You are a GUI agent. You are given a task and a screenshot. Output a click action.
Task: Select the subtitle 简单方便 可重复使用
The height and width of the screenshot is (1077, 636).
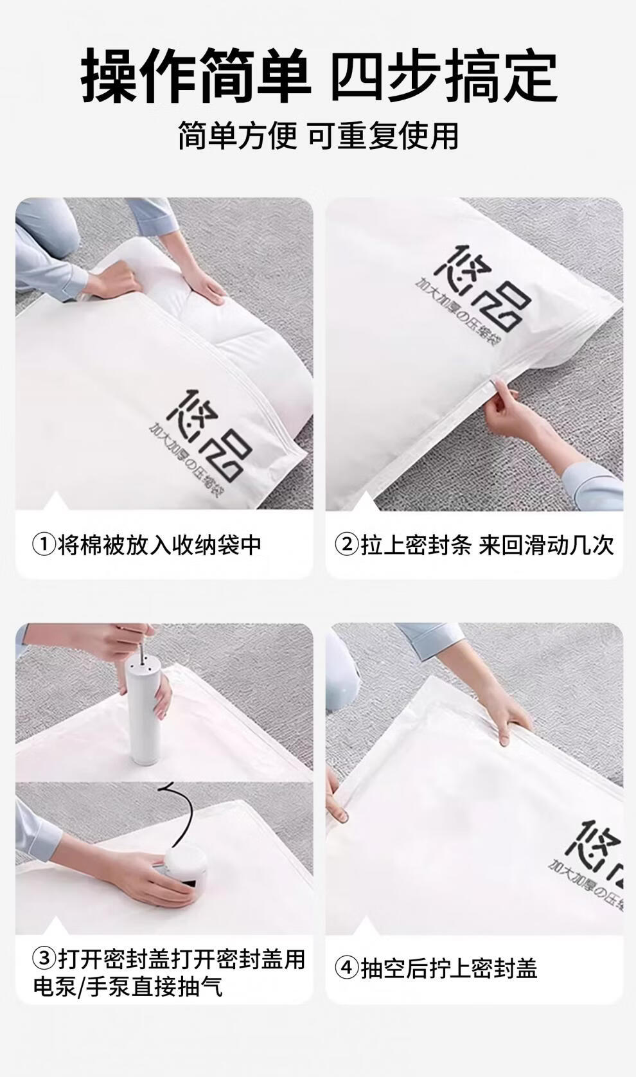[318, 136]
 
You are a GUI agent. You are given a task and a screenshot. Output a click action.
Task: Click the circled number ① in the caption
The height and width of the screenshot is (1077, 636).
[44, 545]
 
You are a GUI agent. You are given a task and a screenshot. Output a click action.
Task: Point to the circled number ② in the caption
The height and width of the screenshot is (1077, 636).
[347, 545]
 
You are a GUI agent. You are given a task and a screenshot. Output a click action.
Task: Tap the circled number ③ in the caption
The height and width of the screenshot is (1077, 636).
[44, 959]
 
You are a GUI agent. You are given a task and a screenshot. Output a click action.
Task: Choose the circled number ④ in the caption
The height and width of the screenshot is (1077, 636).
[347, 968]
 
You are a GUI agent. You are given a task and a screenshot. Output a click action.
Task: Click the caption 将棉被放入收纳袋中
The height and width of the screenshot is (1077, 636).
[159, 545]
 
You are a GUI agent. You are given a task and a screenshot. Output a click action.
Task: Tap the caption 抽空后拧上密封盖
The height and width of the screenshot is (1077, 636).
[449, 968]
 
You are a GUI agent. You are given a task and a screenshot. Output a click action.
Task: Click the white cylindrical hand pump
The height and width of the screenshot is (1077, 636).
[145, 713]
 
